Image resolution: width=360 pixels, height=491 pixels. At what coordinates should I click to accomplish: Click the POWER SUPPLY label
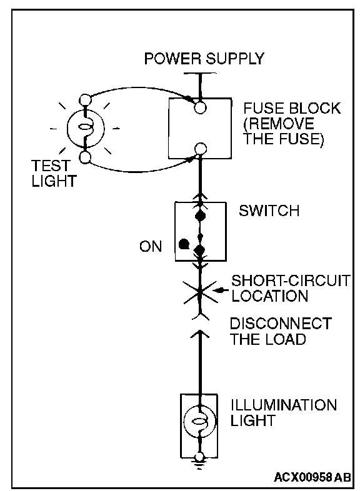point(204,59)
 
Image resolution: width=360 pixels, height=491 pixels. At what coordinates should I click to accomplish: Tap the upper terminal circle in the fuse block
point(200,107)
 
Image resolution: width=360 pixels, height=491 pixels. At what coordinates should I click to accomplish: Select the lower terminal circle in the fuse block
point(200,149)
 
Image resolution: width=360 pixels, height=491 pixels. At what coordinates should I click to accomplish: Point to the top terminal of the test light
point(85,100)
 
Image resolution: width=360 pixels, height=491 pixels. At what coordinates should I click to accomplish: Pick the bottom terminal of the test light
point(85,157)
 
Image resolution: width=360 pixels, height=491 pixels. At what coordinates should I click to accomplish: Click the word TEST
point(51,166)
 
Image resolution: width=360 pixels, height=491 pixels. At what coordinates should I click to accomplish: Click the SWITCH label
point(269,211)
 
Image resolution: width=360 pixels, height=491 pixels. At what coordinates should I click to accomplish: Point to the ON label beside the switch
point(151,247)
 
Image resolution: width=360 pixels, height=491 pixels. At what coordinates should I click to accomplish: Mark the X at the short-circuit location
point(200,292)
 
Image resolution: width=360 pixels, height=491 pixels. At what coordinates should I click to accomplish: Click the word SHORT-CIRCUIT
point(291,280)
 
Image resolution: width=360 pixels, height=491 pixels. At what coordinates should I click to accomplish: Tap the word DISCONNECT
point(281,324)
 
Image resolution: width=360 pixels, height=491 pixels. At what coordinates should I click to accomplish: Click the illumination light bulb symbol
point(199,422)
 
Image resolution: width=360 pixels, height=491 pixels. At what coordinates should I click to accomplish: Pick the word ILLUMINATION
point(284,405)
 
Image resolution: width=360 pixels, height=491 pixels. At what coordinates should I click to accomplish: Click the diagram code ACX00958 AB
point(312,477)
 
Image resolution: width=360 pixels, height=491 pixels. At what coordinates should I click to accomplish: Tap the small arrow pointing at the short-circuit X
point(221,291)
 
